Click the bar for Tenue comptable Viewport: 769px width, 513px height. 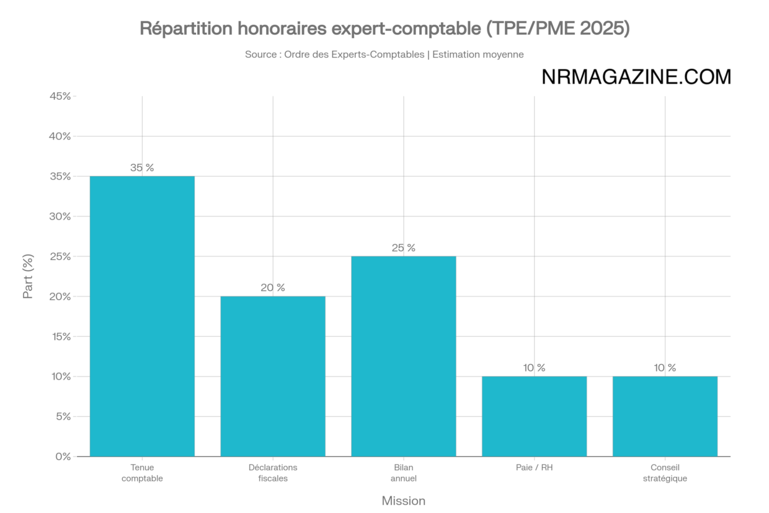[x=142, y=316]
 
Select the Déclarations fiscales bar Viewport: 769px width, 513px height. [x=273, y=376]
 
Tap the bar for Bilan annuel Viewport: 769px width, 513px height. [x=404, y=356]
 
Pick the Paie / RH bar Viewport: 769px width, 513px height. [x=534, y=416]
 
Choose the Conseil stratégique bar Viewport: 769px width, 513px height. [x=665, y=416]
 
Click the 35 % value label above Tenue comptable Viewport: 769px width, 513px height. [x=142, y=167]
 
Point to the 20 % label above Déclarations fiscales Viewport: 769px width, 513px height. [x=273, y=288]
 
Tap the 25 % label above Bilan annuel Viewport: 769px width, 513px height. [x=404, y=248]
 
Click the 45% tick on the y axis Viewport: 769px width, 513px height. [x=60, y=96]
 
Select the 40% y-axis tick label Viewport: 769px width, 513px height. [x=60, y=136]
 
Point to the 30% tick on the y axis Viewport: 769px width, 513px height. [x=60, y=216]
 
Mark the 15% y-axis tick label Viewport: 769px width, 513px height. [x=60, y=337]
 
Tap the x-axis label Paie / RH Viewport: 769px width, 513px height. [x=534, y=468]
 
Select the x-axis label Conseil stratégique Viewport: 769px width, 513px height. [x=665, y=473]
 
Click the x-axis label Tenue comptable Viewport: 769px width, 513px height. [x=142, y=473]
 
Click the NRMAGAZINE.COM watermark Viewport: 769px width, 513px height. [x=636, y=77]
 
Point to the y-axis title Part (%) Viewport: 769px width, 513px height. [x=29, y=276]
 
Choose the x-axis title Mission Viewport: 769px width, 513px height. [x=404, y=501]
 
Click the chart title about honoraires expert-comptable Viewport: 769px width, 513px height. [x=384, y=29]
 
